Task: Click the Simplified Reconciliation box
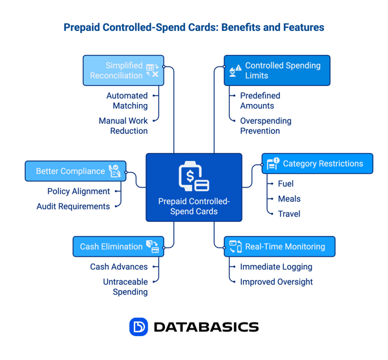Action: point(124,70)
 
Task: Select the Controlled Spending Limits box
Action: point(277,70)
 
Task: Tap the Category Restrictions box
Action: point(317,164)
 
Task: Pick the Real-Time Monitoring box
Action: point(279,246)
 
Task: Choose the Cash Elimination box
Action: point(118,246)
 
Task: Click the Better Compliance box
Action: point(76,171)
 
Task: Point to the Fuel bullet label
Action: point(286,184)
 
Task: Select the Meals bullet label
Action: point(289,198)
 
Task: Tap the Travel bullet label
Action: point(289,213)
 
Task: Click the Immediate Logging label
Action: point(276,266)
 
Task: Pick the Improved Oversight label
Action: point(276,282)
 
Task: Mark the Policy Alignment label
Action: point(78,191)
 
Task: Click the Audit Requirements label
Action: point(73,206)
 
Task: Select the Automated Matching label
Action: point(127,101)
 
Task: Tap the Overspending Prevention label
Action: point(265,125)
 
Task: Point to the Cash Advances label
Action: point(118,266)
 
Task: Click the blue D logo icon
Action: point(138,327)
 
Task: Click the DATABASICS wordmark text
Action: point(206,327)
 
